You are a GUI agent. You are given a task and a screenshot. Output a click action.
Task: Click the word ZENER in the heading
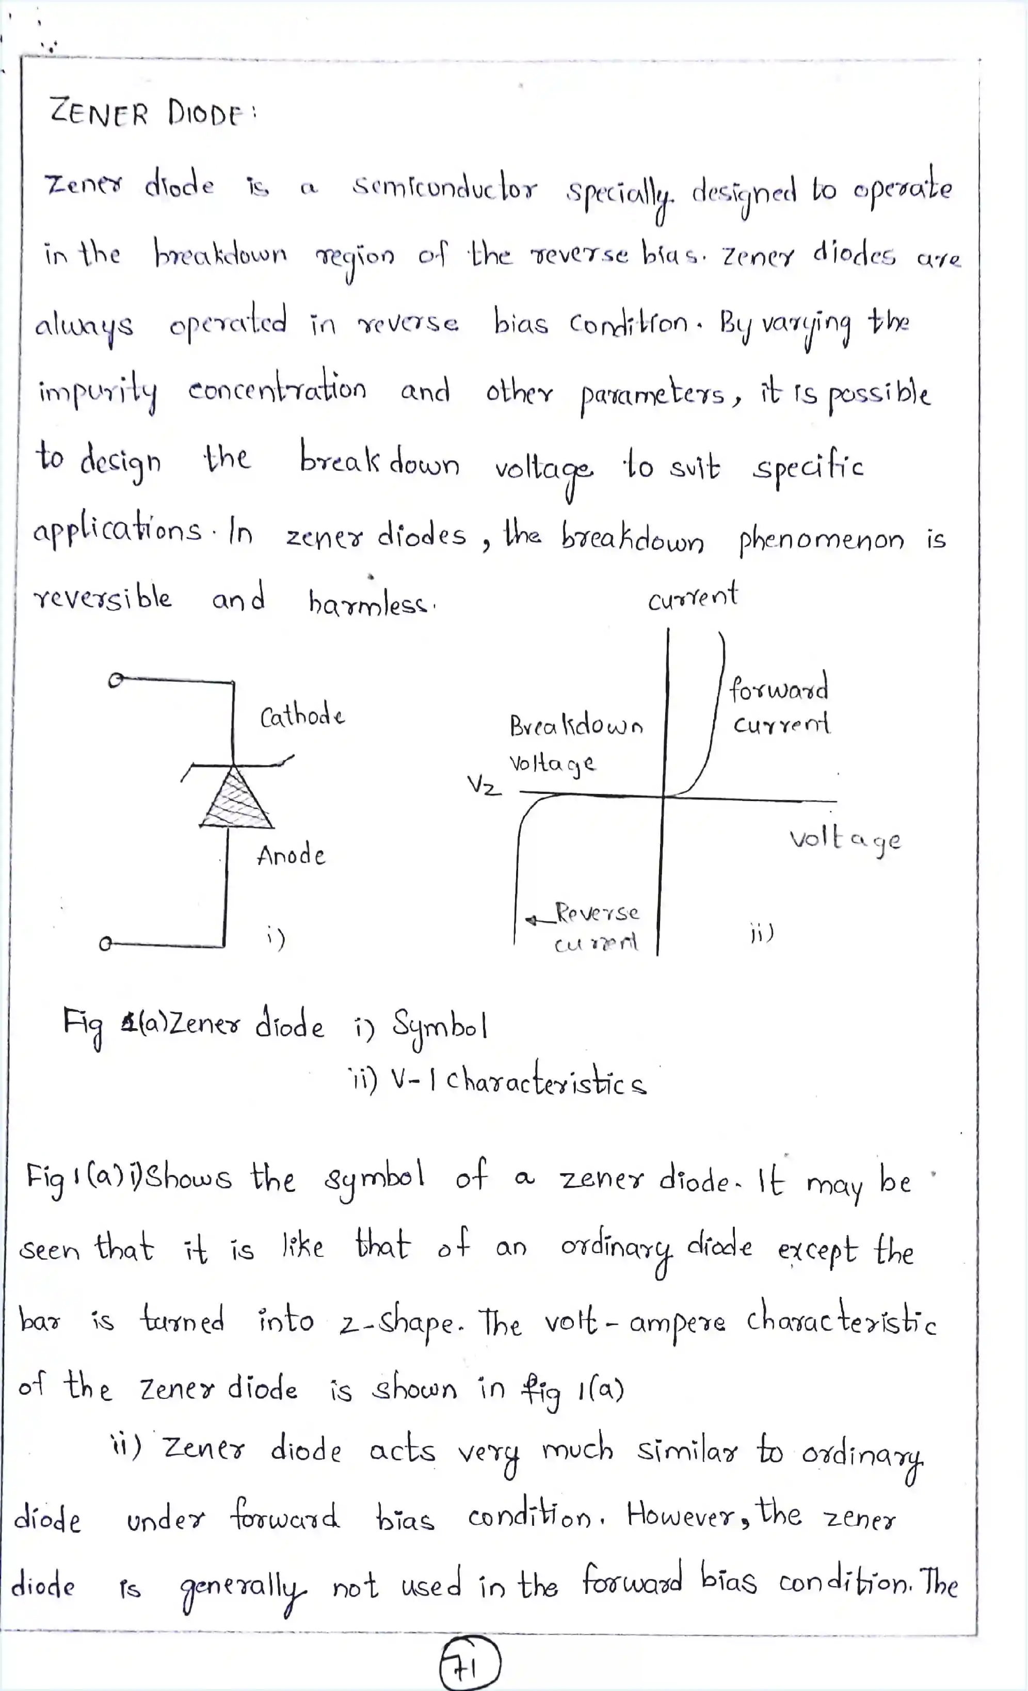click(x=99, y=113)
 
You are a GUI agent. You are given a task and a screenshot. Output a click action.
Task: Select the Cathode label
click(x=302, y=716)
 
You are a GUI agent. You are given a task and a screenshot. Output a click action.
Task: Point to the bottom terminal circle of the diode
click(x=105, y=944)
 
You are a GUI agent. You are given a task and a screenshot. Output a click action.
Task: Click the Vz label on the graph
click(x=484, y=785)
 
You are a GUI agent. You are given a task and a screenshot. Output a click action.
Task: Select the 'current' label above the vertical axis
click(x=693, y=596)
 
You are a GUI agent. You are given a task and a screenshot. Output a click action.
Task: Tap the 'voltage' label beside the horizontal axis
click(x=844, y=839)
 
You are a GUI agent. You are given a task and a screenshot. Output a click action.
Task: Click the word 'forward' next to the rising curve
click(x=778, y=688)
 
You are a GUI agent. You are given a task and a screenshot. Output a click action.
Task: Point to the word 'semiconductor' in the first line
click(x=445, y=187)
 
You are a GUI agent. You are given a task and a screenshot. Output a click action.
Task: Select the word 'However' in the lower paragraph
click(x=687, y=1514)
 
